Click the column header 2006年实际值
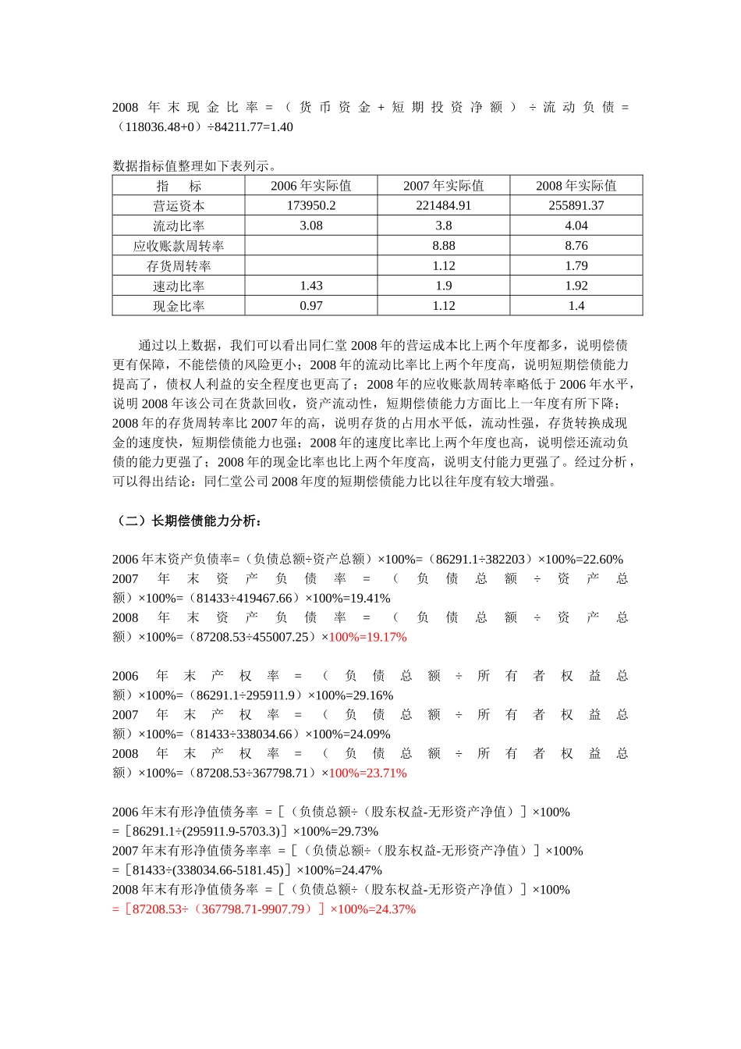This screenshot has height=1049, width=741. pos(310,186)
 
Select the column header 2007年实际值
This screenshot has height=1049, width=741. pos(443,186)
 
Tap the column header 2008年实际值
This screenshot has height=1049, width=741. pos(576,186)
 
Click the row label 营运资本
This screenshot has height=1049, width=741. pos(179,206)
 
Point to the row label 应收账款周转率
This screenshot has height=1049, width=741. pos(179,246)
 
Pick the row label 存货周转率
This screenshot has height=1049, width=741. pos(179,266)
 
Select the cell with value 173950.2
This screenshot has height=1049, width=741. pos(310,206)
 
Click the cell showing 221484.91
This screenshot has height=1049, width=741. pos(443,206)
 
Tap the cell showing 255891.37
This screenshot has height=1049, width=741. pos(576,206)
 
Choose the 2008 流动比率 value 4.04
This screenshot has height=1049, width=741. pos(576,226)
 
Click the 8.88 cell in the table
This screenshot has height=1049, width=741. pos(443,246)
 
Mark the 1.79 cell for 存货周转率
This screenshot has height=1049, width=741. pos(576,266)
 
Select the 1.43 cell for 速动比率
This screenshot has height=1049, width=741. pos(310,286)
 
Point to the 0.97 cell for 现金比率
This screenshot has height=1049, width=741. pos(310,306)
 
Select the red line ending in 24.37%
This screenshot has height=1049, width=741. pos(264,909)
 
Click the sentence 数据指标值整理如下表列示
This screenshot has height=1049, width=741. pos(195,165)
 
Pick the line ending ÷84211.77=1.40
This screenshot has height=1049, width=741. pos(203,126)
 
